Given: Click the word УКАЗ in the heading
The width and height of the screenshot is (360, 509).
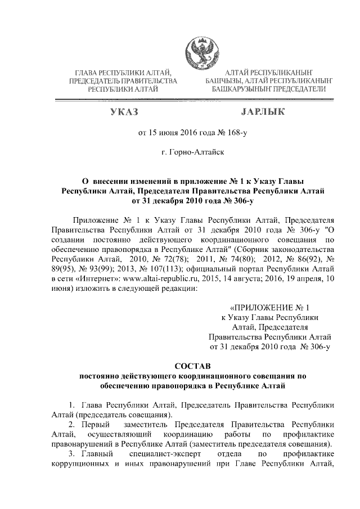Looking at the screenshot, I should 125,112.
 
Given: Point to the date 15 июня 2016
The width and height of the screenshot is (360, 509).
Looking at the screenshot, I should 172,133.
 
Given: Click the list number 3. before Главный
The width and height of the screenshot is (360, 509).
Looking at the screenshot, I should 71,454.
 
